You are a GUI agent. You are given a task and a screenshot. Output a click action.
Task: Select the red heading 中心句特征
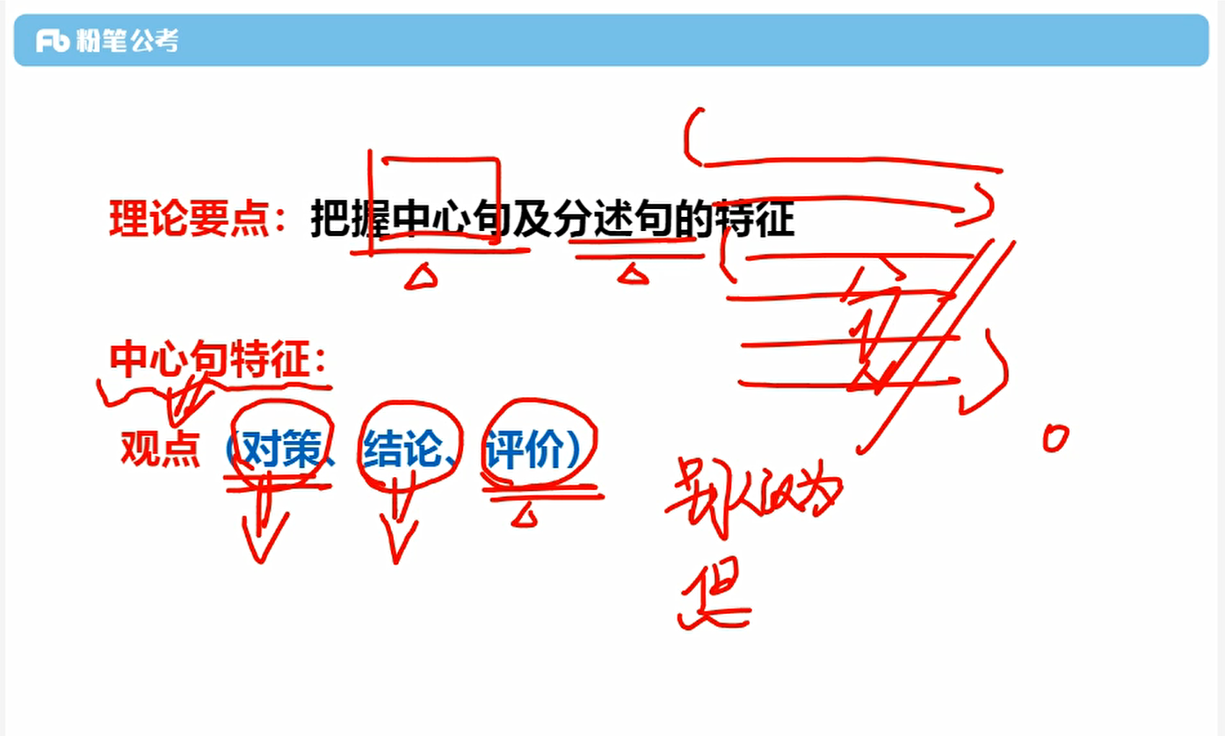click(211, 360)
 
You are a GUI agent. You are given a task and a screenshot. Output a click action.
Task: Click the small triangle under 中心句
click(420, 278)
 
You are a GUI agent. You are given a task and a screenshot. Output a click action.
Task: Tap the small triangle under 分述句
click(631, 276)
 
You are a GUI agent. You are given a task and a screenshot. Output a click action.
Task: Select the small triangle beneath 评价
click(525, 516)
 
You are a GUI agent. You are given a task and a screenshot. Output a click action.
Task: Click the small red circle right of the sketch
click(1055, 437)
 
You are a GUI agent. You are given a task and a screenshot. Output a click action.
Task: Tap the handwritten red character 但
click(714, 597)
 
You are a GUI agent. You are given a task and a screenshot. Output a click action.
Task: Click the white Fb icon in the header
click(52, 40)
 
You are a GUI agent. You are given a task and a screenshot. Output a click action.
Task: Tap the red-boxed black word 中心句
click(437, 220)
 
